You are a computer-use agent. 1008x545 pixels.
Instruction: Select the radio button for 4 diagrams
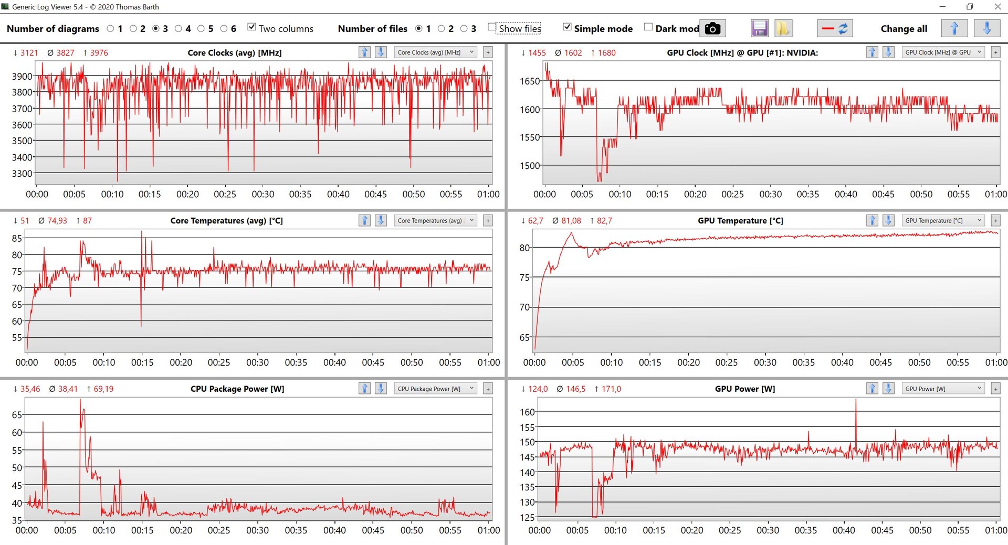point(178,28)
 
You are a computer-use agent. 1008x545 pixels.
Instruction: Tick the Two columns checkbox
point(252,27)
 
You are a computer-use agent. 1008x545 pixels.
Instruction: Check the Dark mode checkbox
point(648,27)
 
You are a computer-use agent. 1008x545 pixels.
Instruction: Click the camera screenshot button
point(712,28)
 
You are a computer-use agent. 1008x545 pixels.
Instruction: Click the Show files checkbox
point(492,27)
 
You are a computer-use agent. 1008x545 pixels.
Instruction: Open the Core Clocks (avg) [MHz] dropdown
point(435,52)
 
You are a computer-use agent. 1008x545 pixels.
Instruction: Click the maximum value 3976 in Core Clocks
point(99,52)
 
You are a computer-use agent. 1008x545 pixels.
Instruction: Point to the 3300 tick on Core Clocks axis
point(22,173)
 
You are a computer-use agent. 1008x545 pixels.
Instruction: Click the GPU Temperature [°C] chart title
point(740,221)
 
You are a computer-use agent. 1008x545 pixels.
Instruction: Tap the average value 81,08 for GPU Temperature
point(571,221)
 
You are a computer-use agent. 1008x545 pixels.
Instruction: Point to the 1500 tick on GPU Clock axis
point(530,166)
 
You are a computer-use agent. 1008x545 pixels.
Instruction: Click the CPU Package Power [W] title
point(237,389)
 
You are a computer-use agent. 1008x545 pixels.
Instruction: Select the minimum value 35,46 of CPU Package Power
point(30,389)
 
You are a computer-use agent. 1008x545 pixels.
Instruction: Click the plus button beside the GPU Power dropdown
point(995,389)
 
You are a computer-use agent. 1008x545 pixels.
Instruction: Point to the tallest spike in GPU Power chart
point(856,400)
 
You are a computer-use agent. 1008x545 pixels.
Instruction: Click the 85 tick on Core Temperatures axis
point(17,238)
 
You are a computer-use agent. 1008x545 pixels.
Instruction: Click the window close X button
point(997,7)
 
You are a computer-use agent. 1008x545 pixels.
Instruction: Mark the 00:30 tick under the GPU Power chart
point(768,530)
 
